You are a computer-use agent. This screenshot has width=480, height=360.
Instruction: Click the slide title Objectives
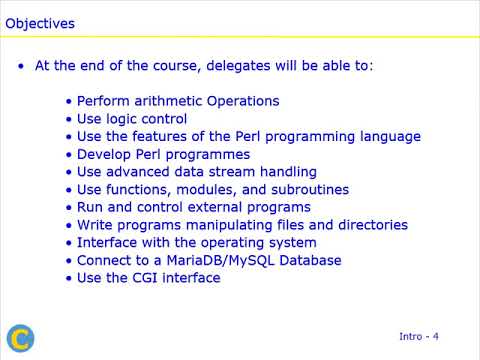coord(40,21)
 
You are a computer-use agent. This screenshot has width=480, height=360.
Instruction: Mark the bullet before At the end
coord(22,66)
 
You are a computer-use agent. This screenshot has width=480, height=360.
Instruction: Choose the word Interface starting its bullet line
coord(109,242)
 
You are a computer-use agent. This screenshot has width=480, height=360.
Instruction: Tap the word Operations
coord(243,101)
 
